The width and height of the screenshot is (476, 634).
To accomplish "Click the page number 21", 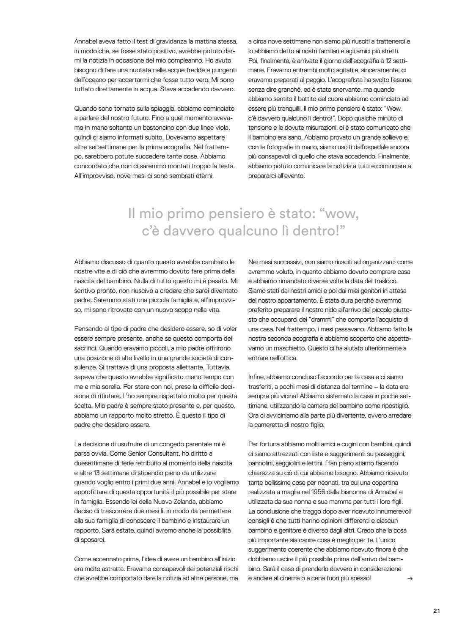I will point(437,611).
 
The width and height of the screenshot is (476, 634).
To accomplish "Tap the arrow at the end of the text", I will point(409,579).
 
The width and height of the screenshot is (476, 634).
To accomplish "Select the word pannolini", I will point(262,463).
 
